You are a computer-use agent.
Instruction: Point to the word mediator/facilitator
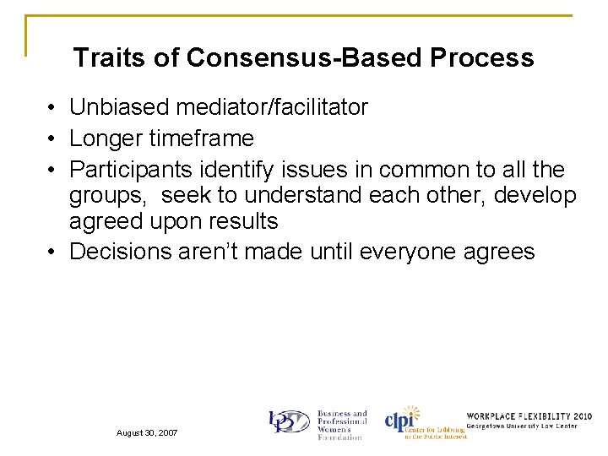pos(272,107)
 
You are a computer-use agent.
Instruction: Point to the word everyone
pos(409,251)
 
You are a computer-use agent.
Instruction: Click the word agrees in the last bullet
pos(501,251)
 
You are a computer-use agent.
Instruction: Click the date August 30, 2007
pos(148,432)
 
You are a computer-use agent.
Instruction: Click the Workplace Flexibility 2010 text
pos(529,416)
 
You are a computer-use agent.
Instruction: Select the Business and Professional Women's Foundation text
pos(341,425)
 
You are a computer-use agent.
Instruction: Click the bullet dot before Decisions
pos(52,252)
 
